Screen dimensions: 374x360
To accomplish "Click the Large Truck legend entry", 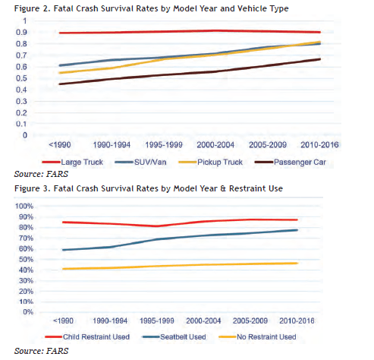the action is coord(73,162).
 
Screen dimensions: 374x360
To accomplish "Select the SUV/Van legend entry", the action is coord(140,162).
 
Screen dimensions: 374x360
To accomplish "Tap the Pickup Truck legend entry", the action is coord(210,162).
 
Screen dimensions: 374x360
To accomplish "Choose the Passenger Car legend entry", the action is coord(291,162).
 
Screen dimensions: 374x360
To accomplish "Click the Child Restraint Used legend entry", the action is coord(87,337).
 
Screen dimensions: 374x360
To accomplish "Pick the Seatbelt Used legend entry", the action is coord(174,337).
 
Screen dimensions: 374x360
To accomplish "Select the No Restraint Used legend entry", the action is coord(257,337).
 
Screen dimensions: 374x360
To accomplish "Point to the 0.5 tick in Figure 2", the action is coord(21,78).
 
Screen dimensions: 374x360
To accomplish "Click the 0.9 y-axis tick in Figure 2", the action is coord(21,32).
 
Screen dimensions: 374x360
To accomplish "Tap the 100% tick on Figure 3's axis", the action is coord(24,206).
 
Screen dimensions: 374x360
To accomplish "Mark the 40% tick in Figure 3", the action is coord(26,270).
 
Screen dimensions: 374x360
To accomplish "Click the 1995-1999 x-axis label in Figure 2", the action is coord(164,145).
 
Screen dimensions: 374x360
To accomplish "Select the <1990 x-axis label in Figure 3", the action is coord(63,321).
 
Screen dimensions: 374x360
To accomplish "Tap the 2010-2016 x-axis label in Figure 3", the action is coord(297,321).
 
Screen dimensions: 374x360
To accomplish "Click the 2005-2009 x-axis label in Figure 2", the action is coord(268,145).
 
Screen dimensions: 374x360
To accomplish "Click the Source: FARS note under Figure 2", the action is coord(41,174).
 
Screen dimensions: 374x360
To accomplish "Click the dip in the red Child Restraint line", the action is coord(157,226).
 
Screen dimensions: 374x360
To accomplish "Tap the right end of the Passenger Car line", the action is coord(320,59).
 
